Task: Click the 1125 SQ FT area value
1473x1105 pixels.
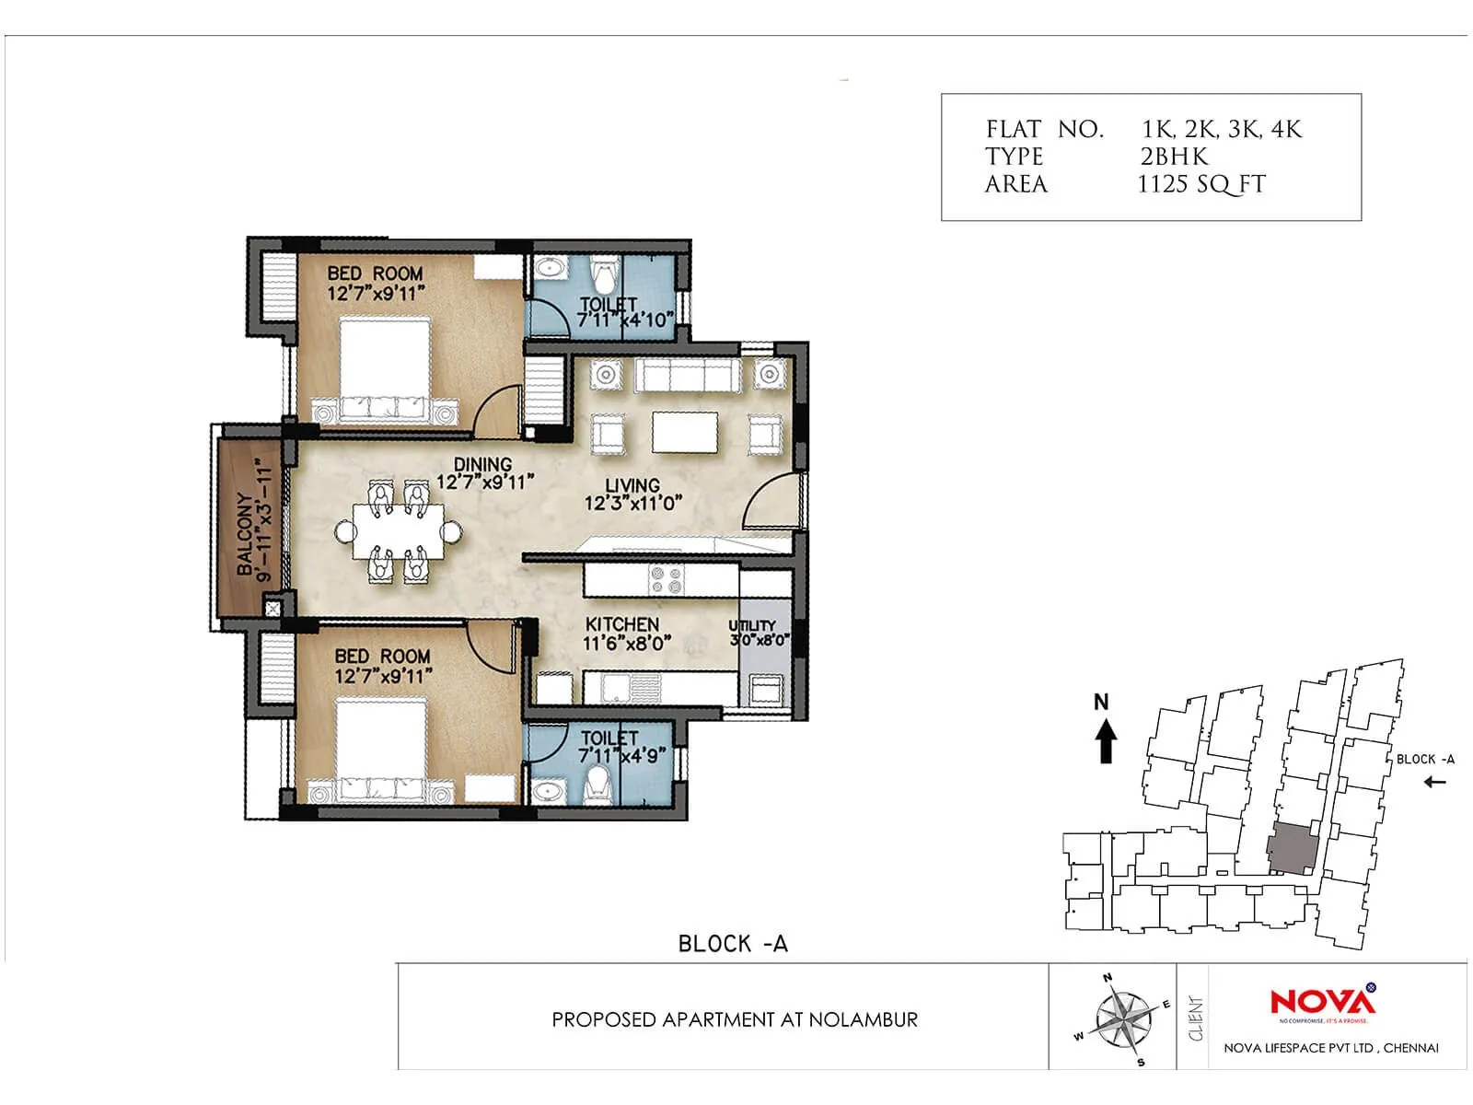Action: point(1201,184)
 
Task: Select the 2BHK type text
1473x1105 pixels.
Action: point(1174,157)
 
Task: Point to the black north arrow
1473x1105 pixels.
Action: point(1106,739)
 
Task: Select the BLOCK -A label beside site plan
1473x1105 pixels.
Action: point(1425,760)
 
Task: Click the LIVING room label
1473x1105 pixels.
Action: point(632,494)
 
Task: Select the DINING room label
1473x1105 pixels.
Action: point(483,473)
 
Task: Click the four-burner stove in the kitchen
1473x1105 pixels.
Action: point(667,579)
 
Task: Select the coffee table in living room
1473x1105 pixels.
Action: point(685,432)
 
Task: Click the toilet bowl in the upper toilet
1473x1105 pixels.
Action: point(605,275)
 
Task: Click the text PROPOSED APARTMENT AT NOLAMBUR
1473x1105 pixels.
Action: point(735,1019)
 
